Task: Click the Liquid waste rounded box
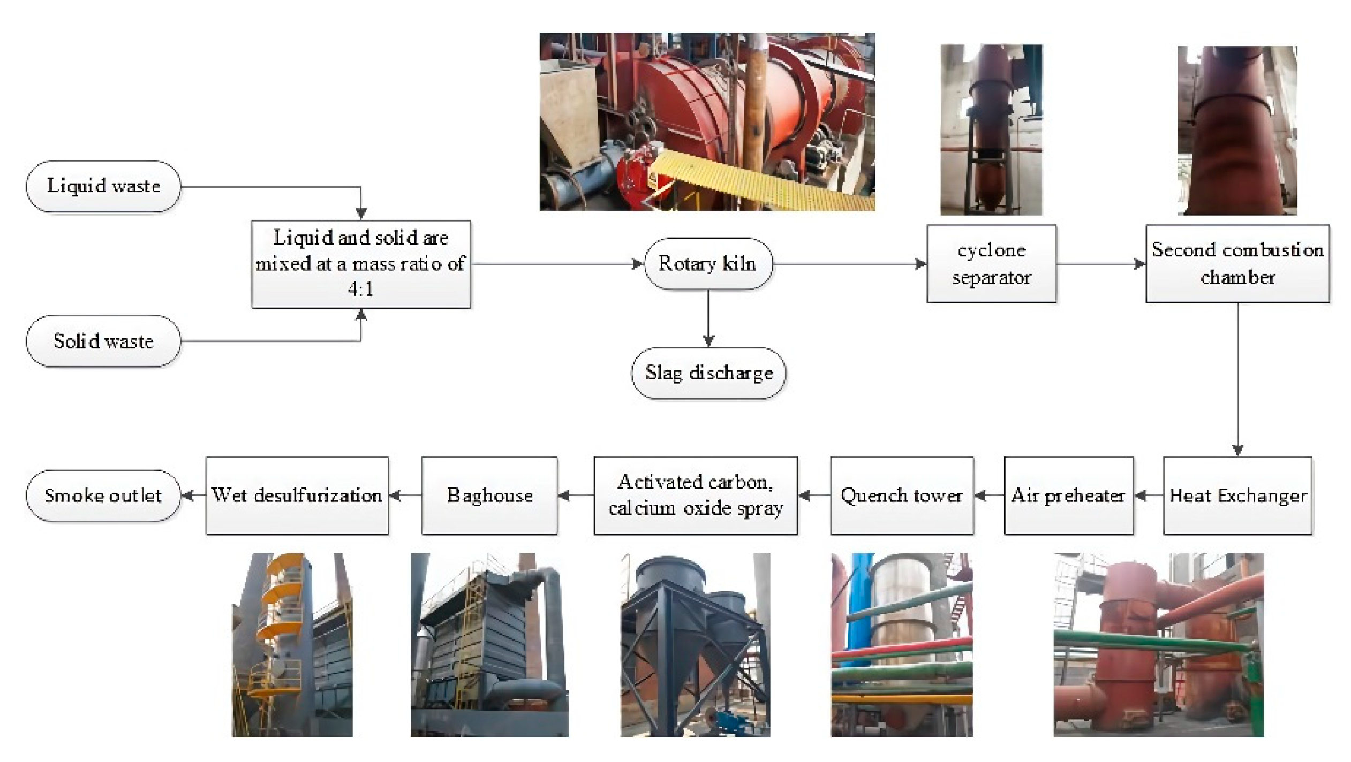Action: (103, 186)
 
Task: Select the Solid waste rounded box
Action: (103, 341)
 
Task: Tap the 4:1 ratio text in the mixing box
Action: (360, 289)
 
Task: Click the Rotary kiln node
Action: (708, 264)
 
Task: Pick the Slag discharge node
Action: (708, 373)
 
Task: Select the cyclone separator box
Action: (991, 264)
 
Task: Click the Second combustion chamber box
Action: (1237, 264)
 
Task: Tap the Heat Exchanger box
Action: (1237, 496)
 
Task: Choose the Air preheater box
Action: (1068, 496)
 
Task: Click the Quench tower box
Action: (902, 496)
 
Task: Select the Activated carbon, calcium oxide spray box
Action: (696, 496)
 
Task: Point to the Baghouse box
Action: (489, 496)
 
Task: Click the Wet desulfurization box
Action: (297, 496)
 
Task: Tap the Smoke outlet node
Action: (103, 496)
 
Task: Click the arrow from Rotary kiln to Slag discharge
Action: (708, 318)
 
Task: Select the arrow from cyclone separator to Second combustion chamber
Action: (1100, 264)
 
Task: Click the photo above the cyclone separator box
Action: (991, 130)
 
